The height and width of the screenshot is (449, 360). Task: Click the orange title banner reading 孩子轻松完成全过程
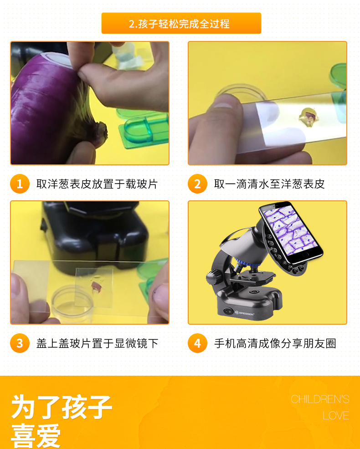click(x=181, y=23)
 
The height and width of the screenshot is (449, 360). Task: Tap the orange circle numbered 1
click(x=20, y=184)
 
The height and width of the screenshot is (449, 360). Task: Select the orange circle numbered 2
click(x=197, y=184)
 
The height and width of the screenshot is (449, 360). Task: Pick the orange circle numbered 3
click(x=20, y=343)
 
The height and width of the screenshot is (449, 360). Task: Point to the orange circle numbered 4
click(x=197, y=343)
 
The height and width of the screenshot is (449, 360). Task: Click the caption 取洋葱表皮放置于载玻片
click(x=97, y=184)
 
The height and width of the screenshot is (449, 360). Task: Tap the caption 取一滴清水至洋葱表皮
click(x=269, y=184)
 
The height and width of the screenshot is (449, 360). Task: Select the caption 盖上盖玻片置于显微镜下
click(x=97, y=343)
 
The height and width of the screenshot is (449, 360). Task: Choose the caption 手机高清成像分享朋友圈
click(x=275, y=343)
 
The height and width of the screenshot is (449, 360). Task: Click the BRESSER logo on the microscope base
click(x=245, y=313)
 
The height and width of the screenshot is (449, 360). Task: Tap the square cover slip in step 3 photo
click(x=94, y=287)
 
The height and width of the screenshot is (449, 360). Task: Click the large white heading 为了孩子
click(x=62, y=407)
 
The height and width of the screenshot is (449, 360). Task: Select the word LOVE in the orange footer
click(x=336, y=415)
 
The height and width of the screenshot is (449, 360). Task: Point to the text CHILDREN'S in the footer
click(x=320, y=399)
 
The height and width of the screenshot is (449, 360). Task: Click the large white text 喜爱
click(x=36, y=436)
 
